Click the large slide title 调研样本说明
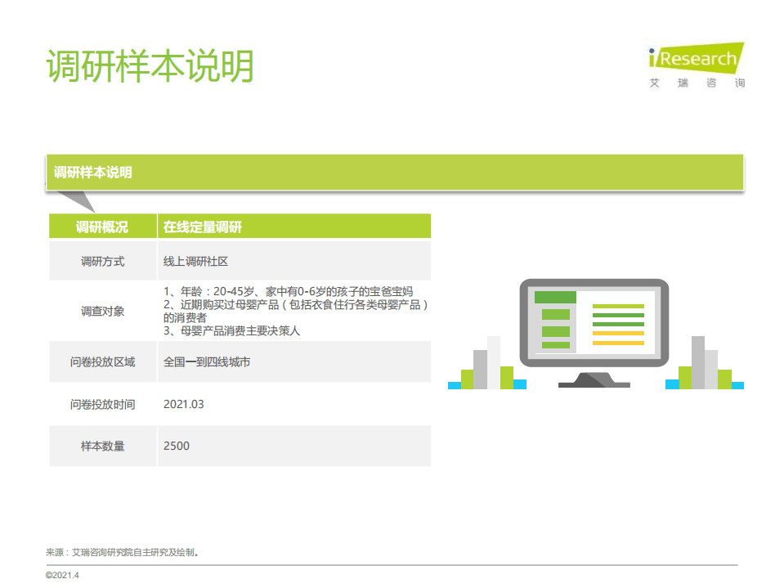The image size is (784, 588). [x=150, y=66]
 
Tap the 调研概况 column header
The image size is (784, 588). [x=102, y=227]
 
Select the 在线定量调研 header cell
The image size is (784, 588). [x=203, y=227]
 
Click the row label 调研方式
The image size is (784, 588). [x=102, y=262]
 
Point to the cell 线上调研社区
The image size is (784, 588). [x=195, y=262]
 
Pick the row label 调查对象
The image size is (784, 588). [x=102, y=311]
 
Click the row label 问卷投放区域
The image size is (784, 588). [x=102, y=361]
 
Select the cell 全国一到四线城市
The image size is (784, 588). [x=207, y=361]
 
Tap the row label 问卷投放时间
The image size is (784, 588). [x=102, y=404]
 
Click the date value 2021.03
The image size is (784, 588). [x=184, y=404]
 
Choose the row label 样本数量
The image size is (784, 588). [x=102, y=446]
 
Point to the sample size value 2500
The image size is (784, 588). [x=177, y=446]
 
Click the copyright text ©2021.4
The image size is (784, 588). [x=62, y=575]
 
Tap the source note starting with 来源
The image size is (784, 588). [x=123, y=552]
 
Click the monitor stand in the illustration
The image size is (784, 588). [x=594, y=379]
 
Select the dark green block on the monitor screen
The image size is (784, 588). [x=555, y=297]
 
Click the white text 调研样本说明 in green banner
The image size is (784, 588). [x=93, y=173]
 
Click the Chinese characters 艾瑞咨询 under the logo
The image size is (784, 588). [x=697, y=83]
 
